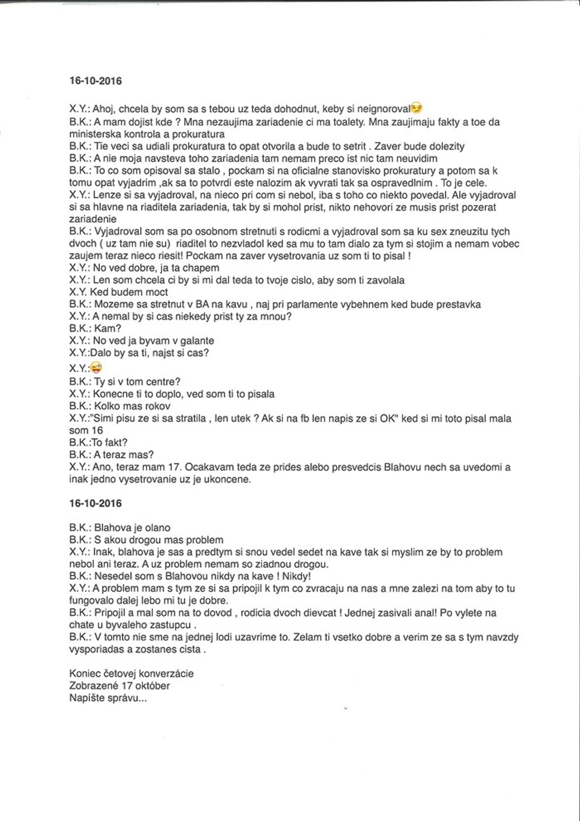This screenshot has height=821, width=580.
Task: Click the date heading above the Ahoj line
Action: tap(95, 81)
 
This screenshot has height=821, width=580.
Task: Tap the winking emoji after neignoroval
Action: tap(416, 108)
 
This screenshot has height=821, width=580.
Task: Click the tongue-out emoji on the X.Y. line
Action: tap(96, 368)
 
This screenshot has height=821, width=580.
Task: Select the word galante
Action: tap(196, 341)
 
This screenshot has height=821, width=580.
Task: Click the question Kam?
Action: tap(108, 328)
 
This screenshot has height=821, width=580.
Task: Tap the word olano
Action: tap(157, 528)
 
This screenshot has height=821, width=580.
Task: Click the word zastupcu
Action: tap(172, 625)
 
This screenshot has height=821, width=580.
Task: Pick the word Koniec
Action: tap(84, 674)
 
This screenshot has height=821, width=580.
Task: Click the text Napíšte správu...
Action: tap(108, 698)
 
